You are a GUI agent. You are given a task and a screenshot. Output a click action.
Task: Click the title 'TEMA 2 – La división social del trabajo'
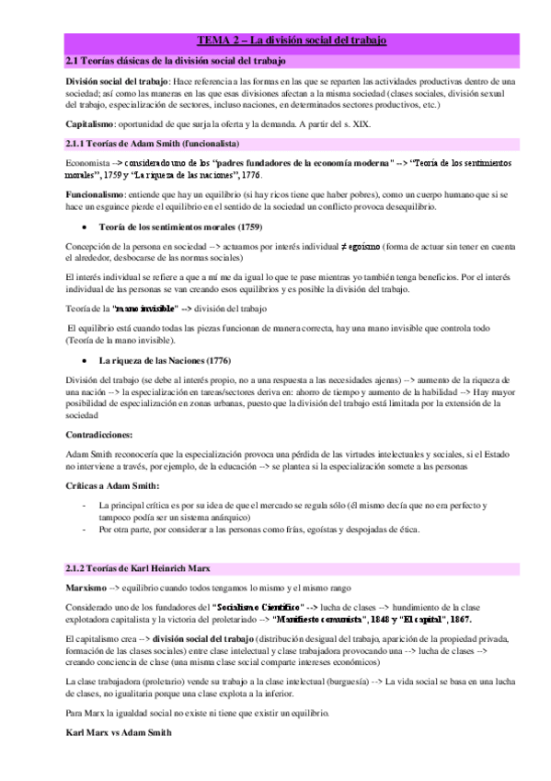point(293,41)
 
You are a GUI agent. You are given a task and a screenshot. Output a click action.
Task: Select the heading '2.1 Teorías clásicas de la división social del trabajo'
point(175,61)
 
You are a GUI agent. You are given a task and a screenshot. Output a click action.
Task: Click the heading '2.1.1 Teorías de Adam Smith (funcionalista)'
point(153,145)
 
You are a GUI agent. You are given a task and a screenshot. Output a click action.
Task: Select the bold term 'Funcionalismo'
point(95,196)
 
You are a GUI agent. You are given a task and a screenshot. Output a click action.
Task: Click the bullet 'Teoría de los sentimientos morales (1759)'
point(167,227)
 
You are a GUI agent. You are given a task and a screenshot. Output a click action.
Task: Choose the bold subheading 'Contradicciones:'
point(98,432)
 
